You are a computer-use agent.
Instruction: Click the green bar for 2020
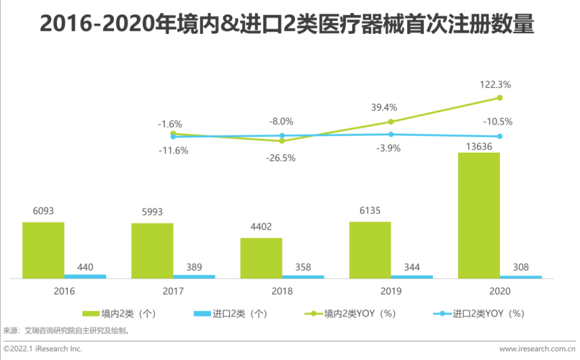point(478,215)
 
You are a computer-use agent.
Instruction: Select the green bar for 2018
point(261,258)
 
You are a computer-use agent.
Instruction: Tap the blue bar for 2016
point(85,276)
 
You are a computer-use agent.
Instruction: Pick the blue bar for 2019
point(412,276)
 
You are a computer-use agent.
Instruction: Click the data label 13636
point(478,145)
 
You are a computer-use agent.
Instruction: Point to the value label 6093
point(43,211)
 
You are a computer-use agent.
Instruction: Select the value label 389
point(194,266)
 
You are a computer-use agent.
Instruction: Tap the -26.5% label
point(282,158)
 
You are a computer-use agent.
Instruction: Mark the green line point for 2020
point(500,98)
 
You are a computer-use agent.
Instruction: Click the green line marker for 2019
point(391,122)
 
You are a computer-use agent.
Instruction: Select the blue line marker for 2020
point(500,136)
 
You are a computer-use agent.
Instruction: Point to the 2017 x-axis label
point(173,291)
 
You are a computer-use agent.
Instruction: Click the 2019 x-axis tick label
point(391,291)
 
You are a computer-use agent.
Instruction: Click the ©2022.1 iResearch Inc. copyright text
point(43,349)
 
